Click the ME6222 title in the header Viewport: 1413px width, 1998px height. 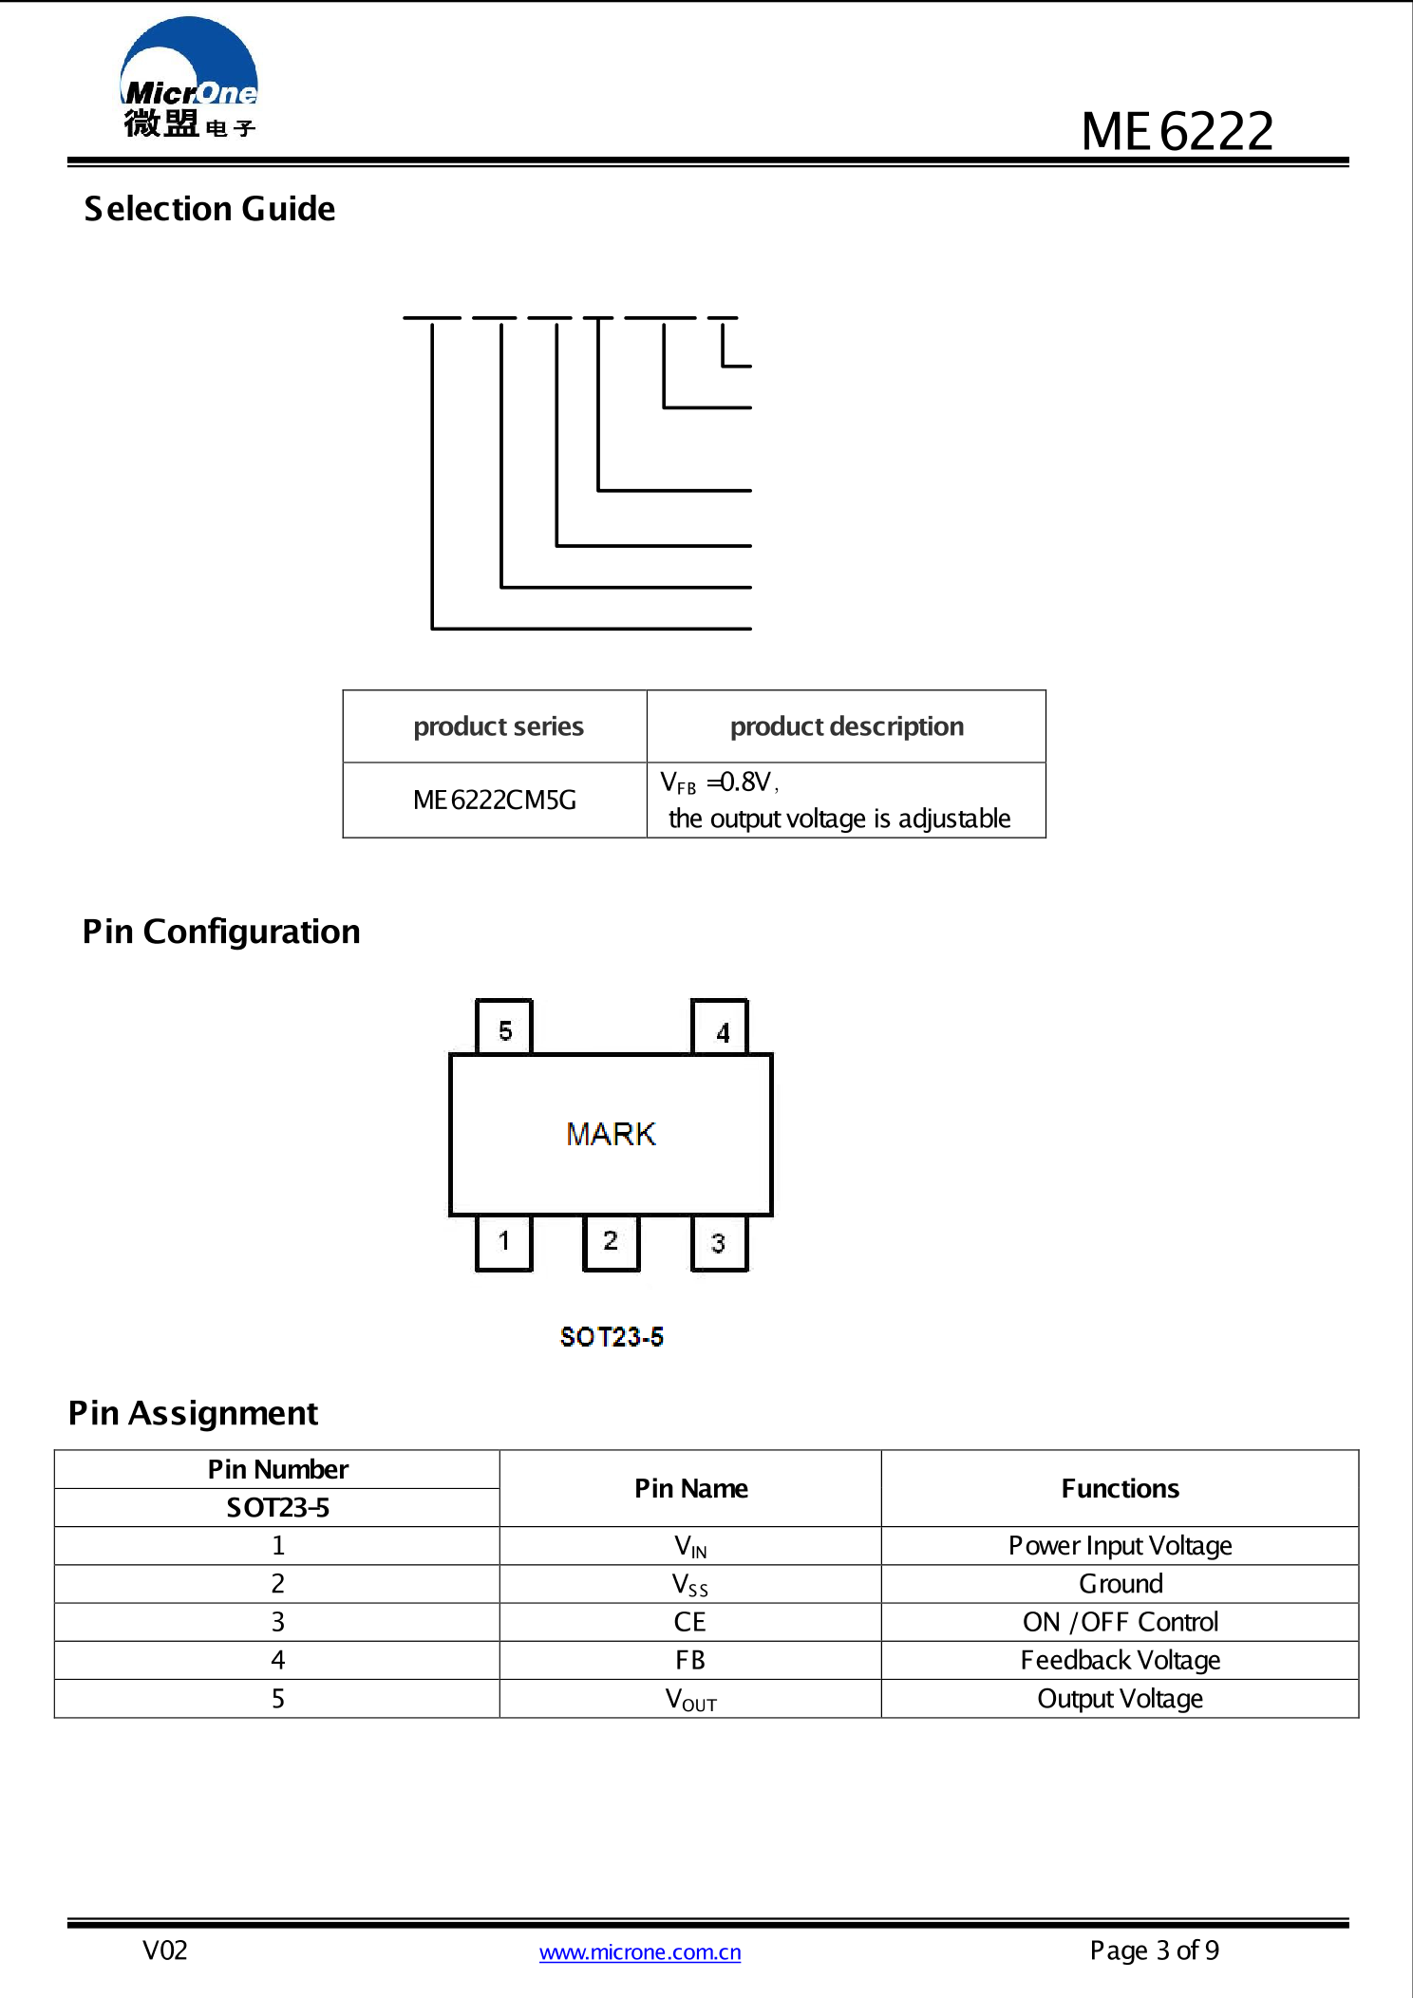pos(1177,131)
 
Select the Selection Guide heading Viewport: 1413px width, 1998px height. pos(210,209)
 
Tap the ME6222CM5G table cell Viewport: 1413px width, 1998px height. pos(495,801)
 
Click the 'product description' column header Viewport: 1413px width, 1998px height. pos(846,726)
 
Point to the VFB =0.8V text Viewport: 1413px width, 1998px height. pos(719,782)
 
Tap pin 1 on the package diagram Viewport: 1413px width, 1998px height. pos(504,1241)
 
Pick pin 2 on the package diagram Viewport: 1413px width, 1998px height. pos(611,1241)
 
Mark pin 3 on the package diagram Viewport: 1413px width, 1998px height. pos(718,1243)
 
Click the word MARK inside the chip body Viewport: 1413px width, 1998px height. pos(611,1134)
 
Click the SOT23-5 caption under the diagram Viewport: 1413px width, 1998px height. pos(612,1337)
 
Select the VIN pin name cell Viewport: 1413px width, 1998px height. pos(690,1546)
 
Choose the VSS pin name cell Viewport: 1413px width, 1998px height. pos(690,1585)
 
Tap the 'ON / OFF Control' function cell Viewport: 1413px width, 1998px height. pos(1120,1622)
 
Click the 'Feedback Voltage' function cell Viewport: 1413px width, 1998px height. pos(1120,1660)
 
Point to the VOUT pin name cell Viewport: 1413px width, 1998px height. pos(690,1699)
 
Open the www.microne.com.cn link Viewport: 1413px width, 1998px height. pos(640,1952)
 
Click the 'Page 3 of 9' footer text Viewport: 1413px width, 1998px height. pos(1154,1951)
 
